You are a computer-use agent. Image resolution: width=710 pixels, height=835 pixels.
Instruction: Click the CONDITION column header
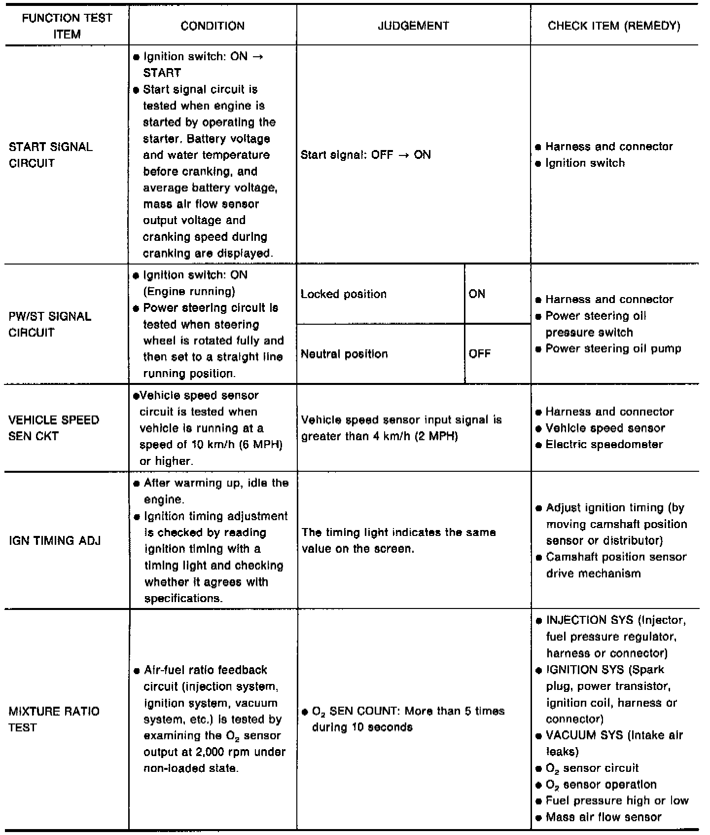[x=213, y=26]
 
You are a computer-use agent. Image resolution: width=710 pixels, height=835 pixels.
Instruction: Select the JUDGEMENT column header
[x=413, y=26]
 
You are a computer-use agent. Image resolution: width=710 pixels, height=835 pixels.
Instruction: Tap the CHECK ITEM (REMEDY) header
[x=614, y=26]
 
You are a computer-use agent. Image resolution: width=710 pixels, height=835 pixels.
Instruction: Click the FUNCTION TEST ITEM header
[x=67, y=26]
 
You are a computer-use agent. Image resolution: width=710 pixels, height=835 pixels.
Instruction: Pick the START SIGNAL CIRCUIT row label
[x=51, y=155]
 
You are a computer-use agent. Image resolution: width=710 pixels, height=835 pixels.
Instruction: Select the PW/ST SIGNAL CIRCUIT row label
[x=50, y=324]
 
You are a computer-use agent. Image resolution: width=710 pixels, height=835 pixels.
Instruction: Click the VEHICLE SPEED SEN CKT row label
[x=54, y=428]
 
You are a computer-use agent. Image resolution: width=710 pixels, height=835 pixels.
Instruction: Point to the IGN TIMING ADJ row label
[x=55, y=540]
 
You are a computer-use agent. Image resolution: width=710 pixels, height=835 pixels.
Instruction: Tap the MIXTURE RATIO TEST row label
[x=54, y=719]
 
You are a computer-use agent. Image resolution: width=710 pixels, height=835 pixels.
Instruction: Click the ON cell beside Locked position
[x=477, y=294]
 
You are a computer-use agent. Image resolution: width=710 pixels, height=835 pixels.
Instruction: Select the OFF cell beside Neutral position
[x=480, y=354]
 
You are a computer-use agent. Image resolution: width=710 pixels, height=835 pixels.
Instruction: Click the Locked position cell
[x=344, y=295]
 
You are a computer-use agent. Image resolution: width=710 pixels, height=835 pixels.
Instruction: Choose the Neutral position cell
[x=344, y=354]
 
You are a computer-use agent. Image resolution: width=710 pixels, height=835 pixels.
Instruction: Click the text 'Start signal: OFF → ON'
[x=365, y=155]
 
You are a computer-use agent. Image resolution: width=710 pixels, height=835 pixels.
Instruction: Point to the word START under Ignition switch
[x=162, y=73]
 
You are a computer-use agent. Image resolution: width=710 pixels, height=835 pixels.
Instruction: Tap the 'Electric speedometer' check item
[x=604, y=445]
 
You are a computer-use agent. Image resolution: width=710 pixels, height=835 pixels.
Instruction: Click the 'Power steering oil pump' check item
[x=613, y=349]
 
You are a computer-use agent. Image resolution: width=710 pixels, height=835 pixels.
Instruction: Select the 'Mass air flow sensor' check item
[x=603, y=817]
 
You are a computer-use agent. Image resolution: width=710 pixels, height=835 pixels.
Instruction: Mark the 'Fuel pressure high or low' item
[x=617, y=800]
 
